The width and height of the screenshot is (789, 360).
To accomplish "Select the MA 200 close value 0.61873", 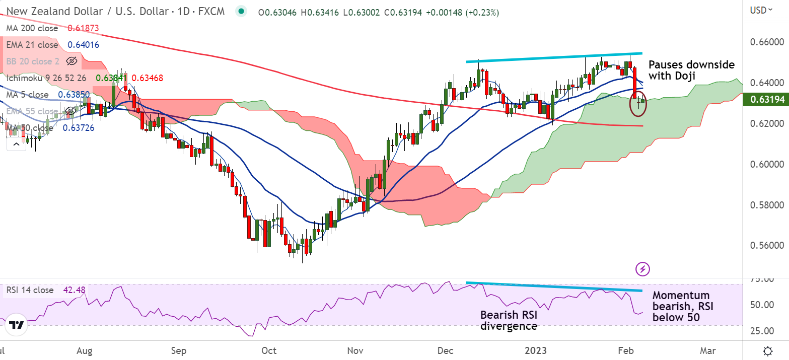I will click(x=83, y=29).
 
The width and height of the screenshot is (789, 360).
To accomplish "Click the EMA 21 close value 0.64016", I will click(x=83, y=45).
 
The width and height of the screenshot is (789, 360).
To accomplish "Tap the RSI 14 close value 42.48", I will click(x=74, y=290).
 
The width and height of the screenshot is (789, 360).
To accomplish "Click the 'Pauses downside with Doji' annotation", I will click(x=691, y=70).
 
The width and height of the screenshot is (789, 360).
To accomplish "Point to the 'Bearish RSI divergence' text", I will click(x=509, y=320).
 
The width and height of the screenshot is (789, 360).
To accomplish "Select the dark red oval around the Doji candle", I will click(x=639, y=103).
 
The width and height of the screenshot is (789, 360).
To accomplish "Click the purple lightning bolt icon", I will click(x=642, y=269).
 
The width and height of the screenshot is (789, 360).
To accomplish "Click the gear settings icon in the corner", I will click(x=768, y=350).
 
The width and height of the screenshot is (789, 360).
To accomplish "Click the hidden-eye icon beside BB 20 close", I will click(x=71, y=61).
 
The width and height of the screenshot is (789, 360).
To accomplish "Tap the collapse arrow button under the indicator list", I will click(x=16, y=145).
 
